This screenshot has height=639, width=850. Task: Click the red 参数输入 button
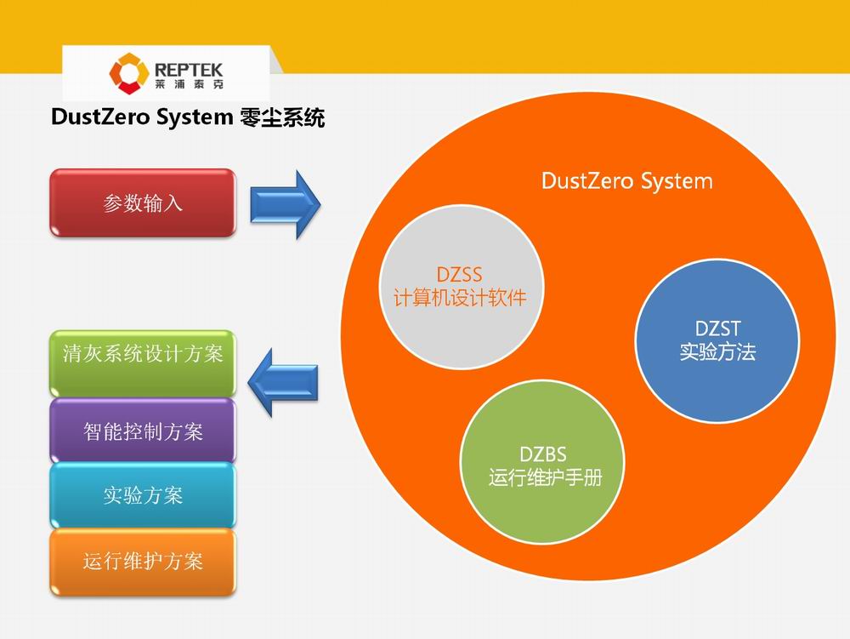[142, 203]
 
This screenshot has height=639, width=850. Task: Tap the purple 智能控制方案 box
[142, 431]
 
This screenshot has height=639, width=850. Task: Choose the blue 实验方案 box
[142, 495]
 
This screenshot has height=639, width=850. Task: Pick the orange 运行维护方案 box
[142, 562]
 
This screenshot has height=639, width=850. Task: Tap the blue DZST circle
[717, 340]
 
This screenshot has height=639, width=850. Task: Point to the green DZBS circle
[544, 465]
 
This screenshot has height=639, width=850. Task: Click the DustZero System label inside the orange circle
[626, 181]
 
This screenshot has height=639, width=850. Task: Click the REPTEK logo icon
[128, 72]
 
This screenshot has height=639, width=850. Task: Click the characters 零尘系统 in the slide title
[281, 117]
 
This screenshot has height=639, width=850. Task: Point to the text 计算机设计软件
[459, 298]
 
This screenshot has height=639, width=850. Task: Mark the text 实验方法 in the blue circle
[717, 351]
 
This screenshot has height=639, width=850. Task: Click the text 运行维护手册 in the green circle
[545, 477]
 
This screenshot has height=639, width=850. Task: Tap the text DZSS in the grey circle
[459, 275]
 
